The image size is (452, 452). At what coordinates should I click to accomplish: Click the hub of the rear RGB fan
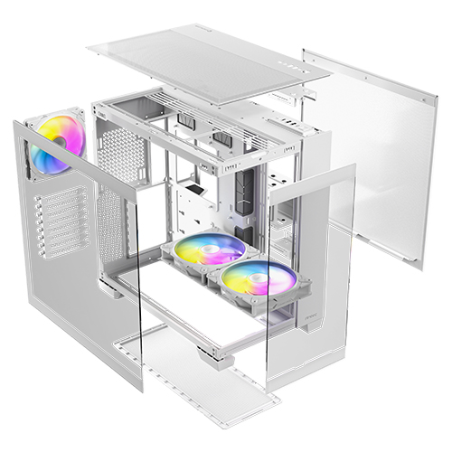point(56,144)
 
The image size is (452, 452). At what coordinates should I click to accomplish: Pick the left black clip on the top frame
point(187,120)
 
